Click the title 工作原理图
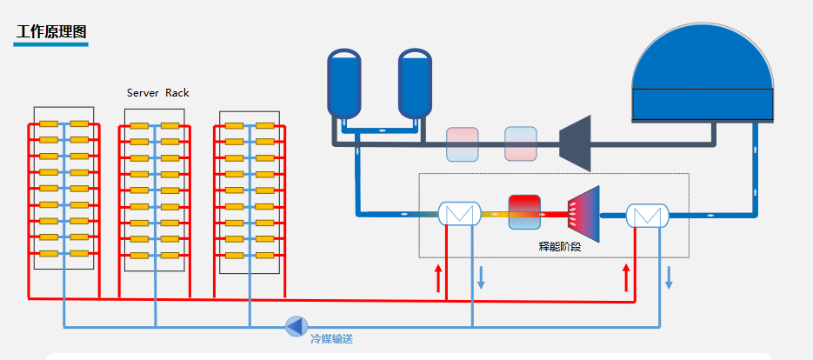tap(51, 32)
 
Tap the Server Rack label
tap(157, 93)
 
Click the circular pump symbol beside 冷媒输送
tap(297, 326)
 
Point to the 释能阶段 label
tap(559, 246)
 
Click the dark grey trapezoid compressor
tap(576, 143)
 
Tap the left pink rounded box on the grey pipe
tap(462, 143)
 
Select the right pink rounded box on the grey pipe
tap(520, 143)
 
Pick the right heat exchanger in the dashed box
tap(646, 215)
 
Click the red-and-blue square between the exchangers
tap(524, 212)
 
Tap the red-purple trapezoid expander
tap(583, 214)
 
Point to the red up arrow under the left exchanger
tap(438, 278)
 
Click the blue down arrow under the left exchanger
tap(481, 278)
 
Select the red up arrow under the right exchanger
tap(626, 278)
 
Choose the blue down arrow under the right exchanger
tap(669, 278)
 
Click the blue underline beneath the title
tap(51, 43)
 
